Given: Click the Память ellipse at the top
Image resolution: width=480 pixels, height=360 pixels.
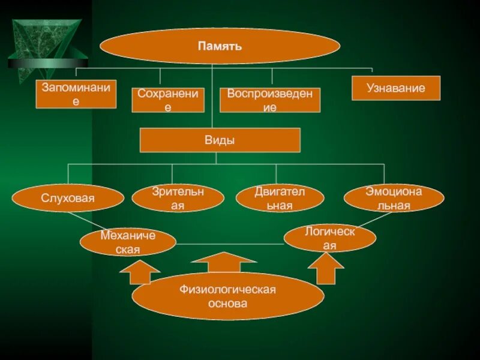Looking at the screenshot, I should [220, 46].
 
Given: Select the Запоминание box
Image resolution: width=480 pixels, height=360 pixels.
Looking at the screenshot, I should [76, 94].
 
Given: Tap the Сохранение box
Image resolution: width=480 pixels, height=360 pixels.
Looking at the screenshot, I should [168, 100].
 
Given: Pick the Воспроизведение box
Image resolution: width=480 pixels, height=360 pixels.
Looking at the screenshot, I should [269, 100].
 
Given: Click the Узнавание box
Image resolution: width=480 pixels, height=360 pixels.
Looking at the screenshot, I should [396, 88].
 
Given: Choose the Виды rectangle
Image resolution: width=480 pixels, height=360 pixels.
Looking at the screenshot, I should [220, 140].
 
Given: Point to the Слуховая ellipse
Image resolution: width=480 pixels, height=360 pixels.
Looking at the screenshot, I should [68, 198].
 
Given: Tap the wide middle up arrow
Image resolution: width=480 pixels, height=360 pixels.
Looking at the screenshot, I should [224, 263].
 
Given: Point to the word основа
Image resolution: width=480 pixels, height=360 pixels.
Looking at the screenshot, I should [227, 304].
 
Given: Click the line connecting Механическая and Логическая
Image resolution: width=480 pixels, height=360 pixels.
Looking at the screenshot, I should [230, 244].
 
